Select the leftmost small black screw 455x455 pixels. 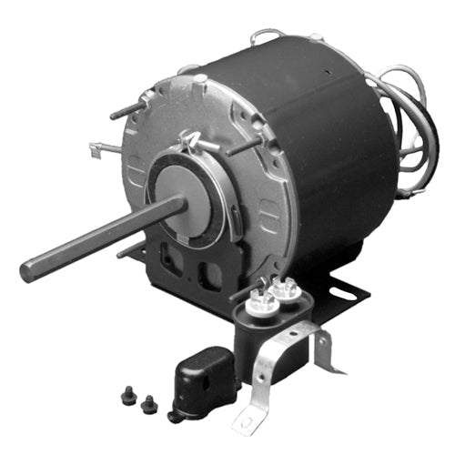pyautogui.click(x=126, y=396)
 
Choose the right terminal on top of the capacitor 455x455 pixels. pyautogui.click(x=284, y=289)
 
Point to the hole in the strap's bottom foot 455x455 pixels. pyautogui.click(x=246, y=420)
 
